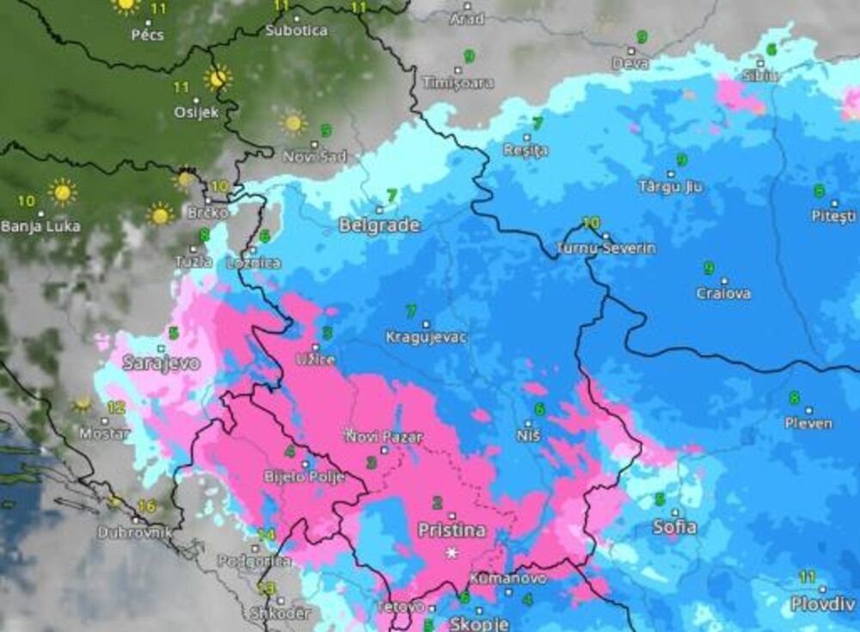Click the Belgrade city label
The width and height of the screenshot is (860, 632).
(379, 225)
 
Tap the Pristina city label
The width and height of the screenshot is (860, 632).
(451, 530)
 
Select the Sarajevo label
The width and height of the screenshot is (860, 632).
(161, 363)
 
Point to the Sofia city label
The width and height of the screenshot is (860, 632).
(674, 527)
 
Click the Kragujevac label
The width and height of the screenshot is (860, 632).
(427, 337)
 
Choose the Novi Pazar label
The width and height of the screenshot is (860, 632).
(384, 437)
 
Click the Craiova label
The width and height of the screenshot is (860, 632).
(723, 293)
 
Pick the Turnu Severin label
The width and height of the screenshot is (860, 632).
(605, 248)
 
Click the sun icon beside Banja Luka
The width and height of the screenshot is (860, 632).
(62, 191)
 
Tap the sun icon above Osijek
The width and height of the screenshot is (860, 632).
(218, 78)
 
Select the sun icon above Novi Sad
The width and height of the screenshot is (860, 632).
(293, 123)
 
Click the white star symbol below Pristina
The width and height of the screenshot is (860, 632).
(451, 553)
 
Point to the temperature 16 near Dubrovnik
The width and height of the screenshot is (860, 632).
(146, 506)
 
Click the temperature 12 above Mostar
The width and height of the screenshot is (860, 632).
(116, 408)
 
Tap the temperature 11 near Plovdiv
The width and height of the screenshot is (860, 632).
(807, 577)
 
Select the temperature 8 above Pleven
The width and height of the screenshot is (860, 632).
(794, 397)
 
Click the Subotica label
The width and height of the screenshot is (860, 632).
(296, 30)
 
